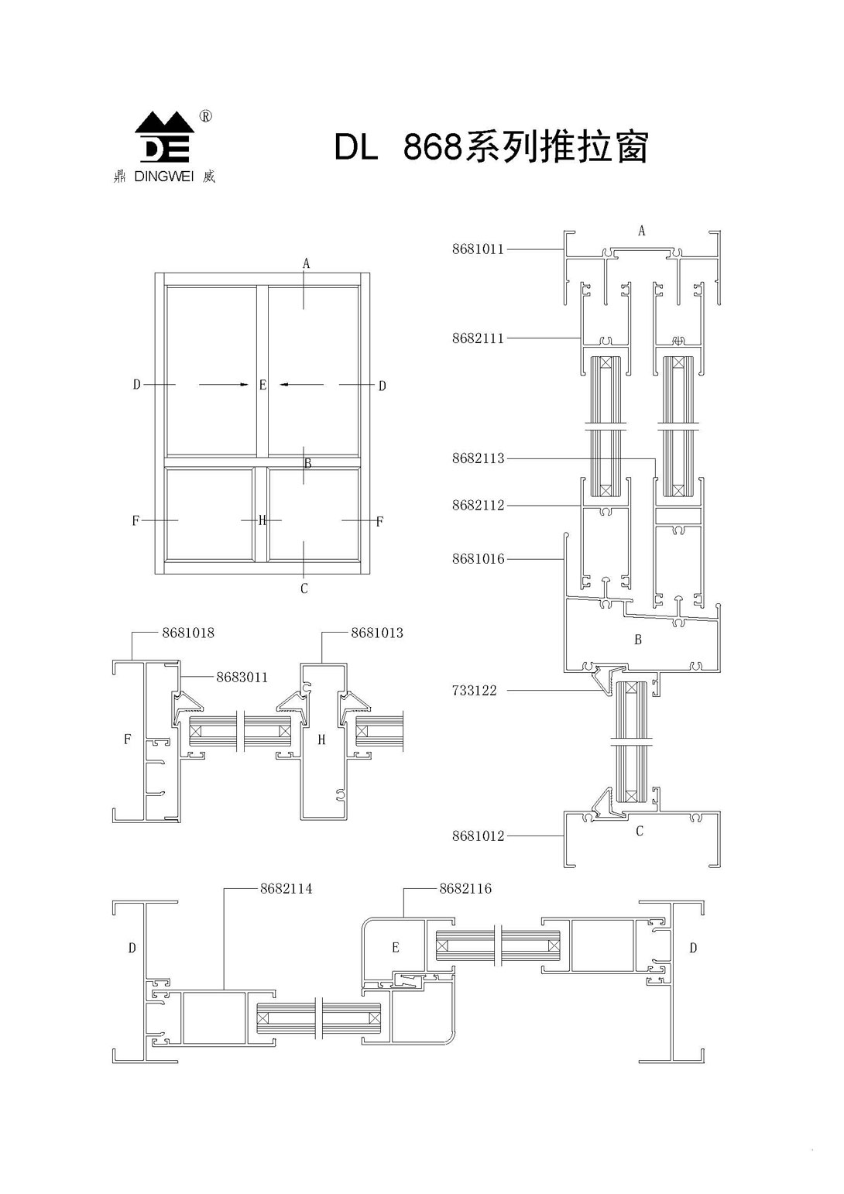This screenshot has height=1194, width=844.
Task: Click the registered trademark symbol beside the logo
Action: (x=205, y=117)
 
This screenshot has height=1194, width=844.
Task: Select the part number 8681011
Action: (x=478, y=249)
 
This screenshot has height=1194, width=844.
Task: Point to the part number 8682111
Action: (x=478, y=338)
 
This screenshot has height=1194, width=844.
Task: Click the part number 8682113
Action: (x=478, y=458)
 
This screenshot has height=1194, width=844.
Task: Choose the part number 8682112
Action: (x=478, y=506)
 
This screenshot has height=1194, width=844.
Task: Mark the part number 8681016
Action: (x=478, y=559)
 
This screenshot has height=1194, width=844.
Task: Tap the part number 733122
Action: (x=474, y=690)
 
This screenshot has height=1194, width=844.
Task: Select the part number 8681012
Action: (x=478, y=836)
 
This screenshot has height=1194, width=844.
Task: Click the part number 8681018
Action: (x=188, y=633)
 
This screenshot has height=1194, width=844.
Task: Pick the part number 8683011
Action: (x=242, y=678)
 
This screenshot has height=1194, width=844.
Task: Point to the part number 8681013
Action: (x=377, y=633)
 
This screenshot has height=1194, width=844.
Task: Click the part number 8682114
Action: (x=286, y=889)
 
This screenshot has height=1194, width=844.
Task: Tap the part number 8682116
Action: (x=465, y=889)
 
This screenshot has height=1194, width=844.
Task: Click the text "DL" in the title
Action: (x=355, y=147)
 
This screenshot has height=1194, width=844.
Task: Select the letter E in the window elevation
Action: (x=262, y=385)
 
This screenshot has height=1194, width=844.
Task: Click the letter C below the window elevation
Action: (x=304, y=589)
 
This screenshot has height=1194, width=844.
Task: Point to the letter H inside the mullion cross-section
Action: (x=322, y=740)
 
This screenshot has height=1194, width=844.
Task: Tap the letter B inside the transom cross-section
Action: (x=638, y=640)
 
